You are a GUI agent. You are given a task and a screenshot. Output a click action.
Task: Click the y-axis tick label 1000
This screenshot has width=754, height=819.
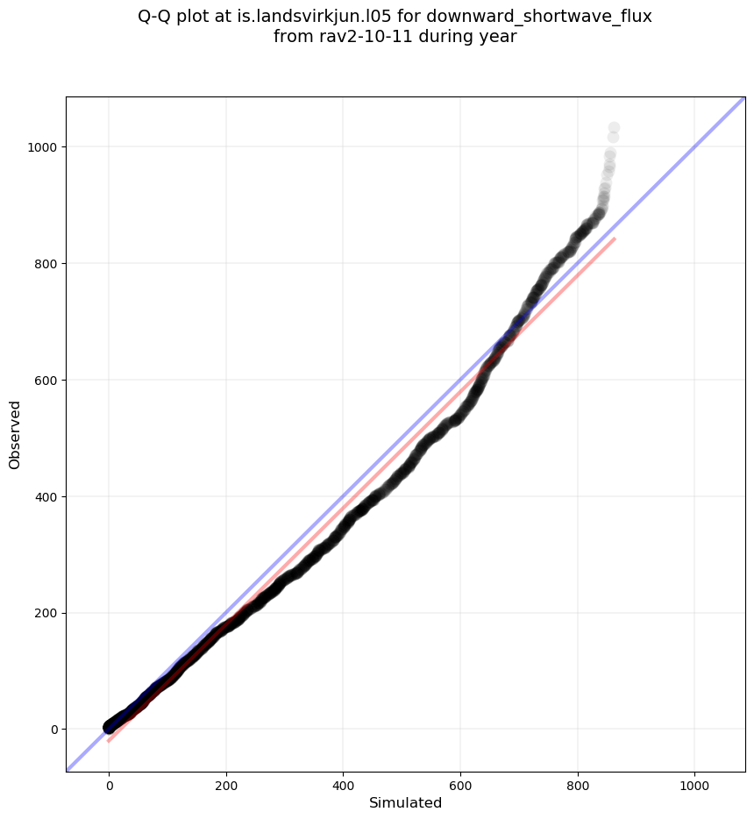pos(43,146)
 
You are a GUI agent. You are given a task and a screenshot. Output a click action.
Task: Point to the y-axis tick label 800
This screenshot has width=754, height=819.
pos(46,263)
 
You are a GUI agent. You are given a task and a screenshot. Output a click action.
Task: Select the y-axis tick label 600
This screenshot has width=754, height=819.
pos(46,380)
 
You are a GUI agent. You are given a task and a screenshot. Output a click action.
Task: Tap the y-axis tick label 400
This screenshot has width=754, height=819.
pos(46,496)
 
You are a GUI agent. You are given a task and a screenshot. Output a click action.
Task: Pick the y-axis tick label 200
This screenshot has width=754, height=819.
pos(46,613)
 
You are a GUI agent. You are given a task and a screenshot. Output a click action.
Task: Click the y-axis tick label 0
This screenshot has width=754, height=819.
pos(53,730)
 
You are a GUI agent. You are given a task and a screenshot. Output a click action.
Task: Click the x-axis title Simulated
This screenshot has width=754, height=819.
pos(405,803)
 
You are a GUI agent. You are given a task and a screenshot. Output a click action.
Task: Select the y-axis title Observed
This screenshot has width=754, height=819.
pos(15,434)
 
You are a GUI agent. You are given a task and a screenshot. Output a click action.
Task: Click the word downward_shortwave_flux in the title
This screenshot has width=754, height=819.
pos(539,17)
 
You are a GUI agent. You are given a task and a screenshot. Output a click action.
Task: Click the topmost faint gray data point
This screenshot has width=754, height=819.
pos(614,128)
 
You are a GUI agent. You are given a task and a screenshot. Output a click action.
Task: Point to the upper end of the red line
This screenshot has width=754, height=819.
pos(615,239)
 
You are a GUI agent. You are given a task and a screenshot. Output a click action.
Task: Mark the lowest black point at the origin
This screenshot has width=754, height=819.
pos(109,728)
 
